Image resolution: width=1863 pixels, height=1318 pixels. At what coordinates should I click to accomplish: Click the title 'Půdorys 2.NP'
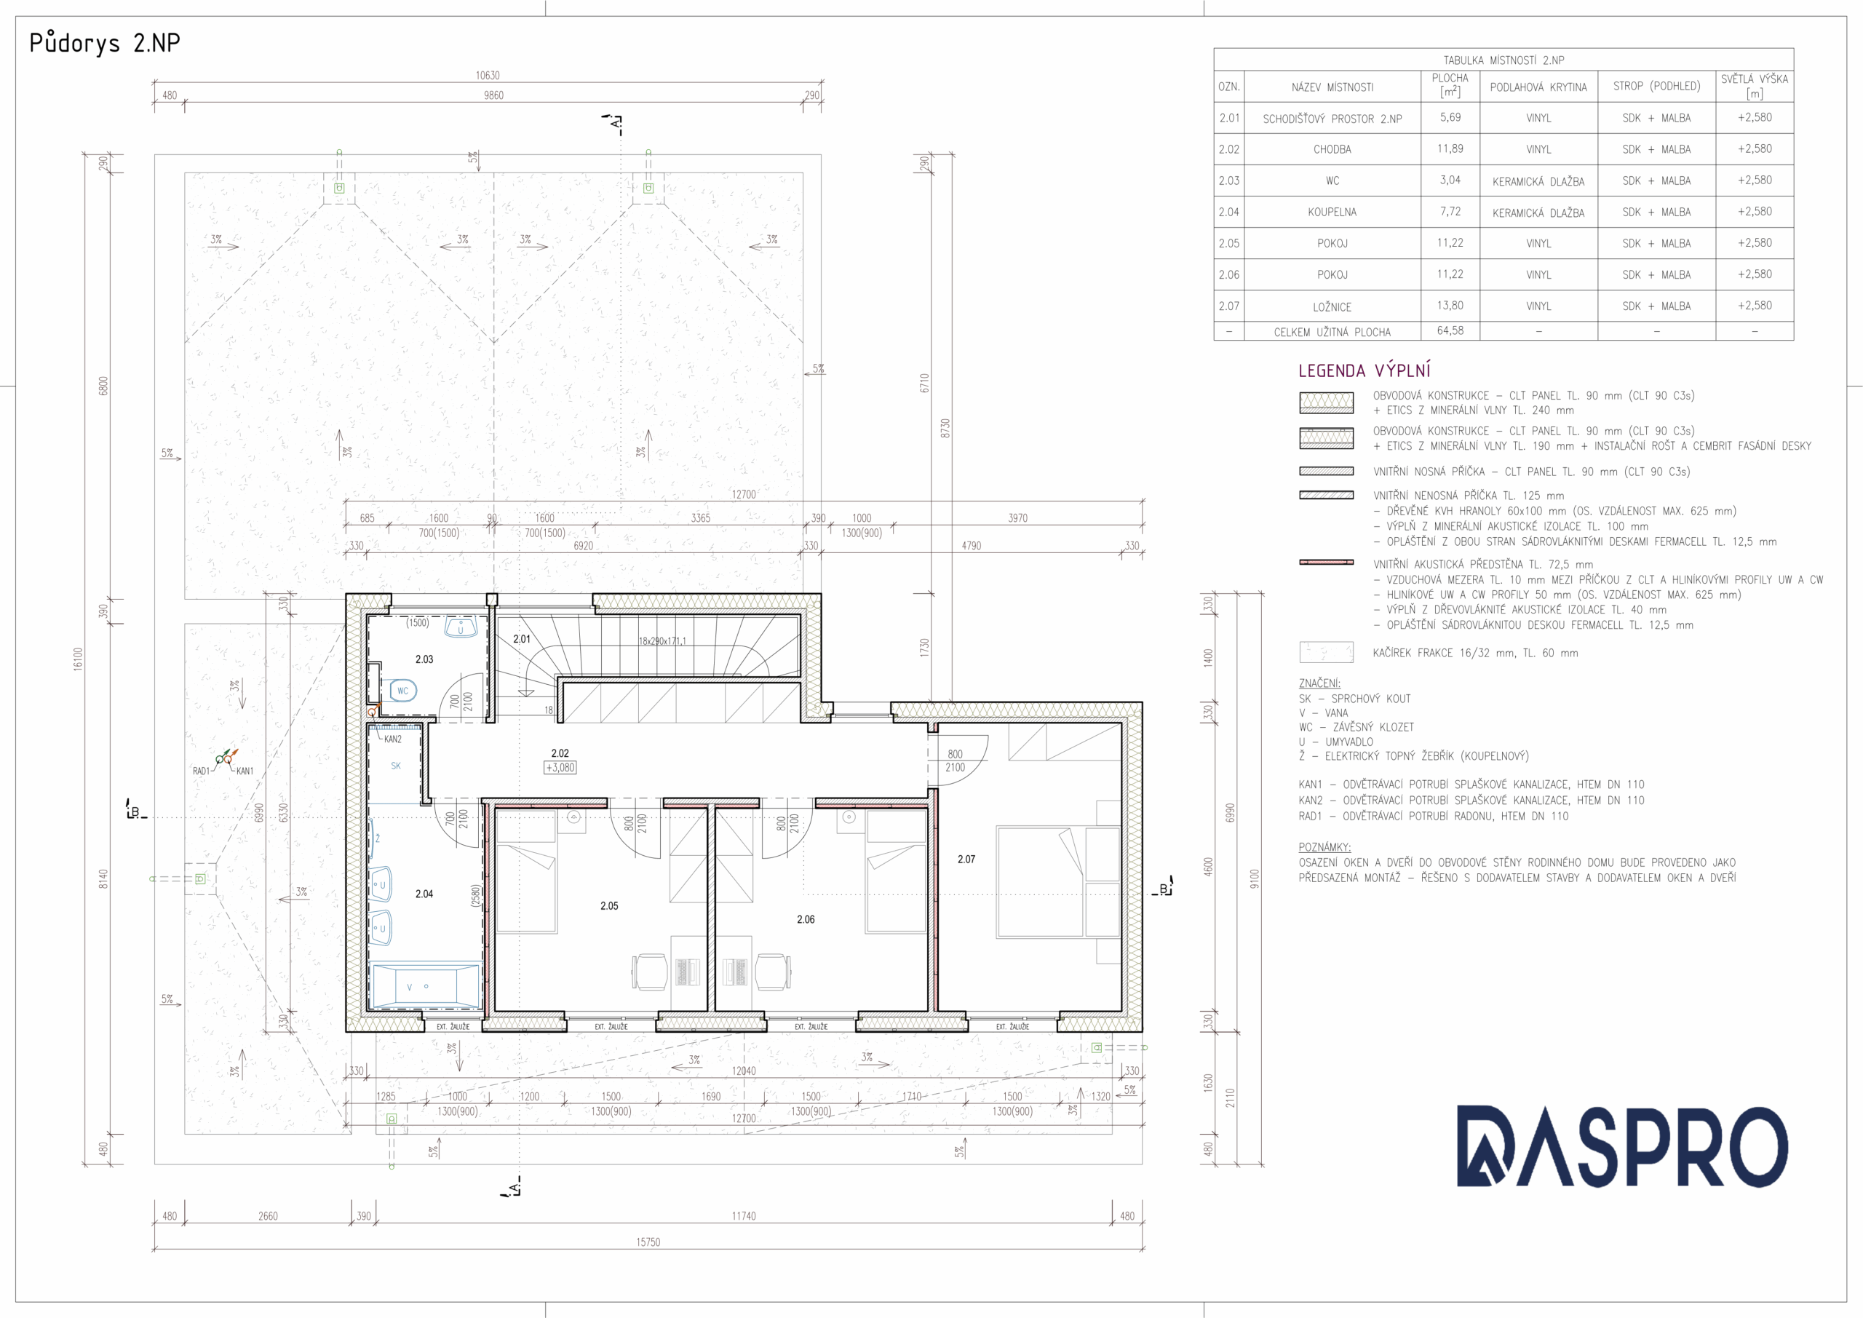[105, 43]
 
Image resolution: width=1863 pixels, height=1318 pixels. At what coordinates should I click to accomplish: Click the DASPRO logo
[1622, 1147]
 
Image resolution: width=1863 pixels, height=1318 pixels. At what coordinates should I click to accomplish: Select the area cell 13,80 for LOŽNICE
[1450, 306]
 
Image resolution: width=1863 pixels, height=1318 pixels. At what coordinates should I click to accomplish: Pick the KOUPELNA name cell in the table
[1332, 213]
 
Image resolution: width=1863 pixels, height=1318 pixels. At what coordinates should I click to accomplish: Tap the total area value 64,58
[1450, 331]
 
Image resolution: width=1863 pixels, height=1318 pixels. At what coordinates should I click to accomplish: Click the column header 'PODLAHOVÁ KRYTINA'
[1538, 87]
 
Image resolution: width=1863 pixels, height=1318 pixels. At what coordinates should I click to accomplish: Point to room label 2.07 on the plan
[966, 860]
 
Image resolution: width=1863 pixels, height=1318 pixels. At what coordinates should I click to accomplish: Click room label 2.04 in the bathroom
[424, 894]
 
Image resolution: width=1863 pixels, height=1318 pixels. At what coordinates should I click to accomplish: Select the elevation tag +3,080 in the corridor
[560, 768]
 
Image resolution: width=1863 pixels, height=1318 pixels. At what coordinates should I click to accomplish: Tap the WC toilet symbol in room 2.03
[402, 691]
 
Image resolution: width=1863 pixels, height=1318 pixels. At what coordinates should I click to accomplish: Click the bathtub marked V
[424, 986]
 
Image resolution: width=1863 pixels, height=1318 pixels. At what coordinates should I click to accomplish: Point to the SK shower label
[396, 766]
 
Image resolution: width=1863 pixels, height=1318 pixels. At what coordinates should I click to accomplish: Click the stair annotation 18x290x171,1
[662, 641]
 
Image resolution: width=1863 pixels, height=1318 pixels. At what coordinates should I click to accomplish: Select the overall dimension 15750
[648, 1242]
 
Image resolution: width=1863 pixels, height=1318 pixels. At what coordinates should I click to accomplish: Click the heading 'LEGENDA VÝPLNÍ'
[1365, 371]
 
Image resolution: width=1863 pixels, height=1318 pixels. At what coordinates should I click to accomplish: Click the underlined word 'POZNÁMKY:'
[1324, 847]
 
